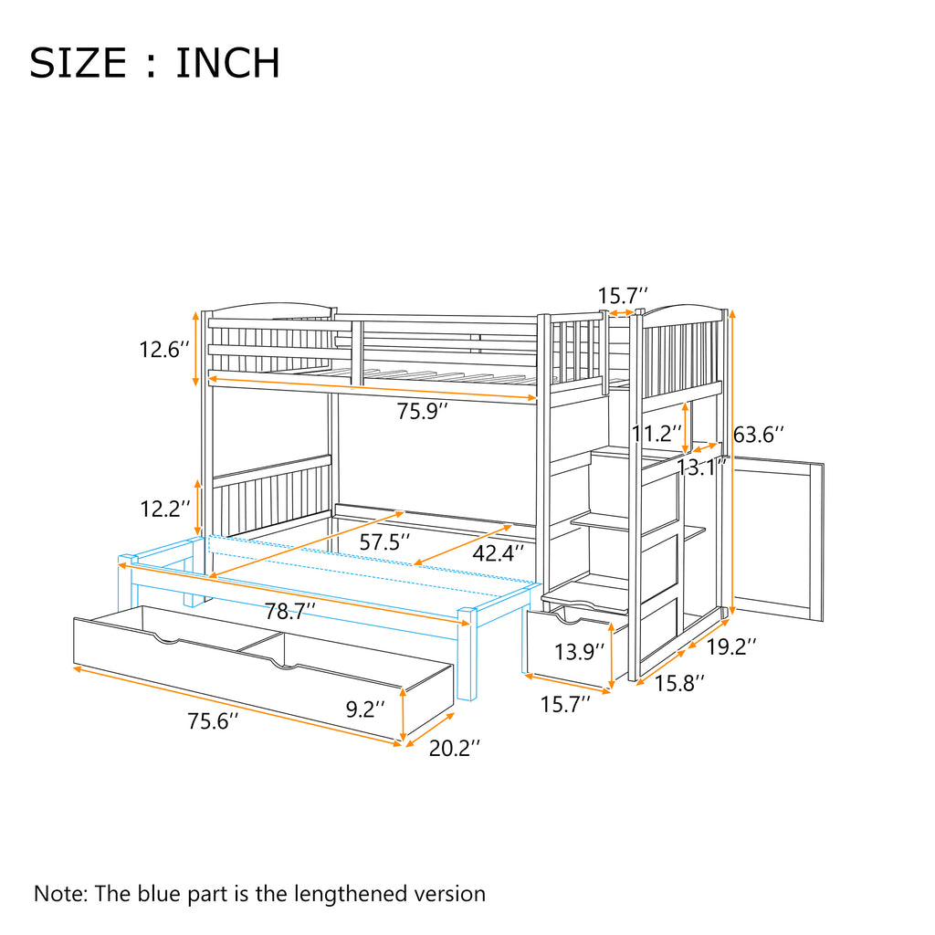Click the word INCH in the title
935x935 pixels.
click(227, 63)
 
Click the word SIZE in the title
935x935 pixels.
click(78, 63)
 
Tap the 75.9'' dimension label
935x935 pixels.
click(423, 411)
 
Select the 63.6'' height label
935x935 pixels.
click(758, 434)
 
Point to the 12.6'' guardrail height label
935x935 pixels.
click(164, 349)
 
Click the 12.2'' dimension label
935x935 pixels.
click(165, 509)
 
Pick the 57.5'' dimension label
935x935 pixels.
click(384, 541)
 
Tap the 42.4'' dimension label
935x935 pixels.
click(499, 552)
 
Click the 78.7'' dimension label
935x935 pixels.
click(290, 611)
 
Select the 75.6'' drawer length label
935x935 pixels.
click(213, 721)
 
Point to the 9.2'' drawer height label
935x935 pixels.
click(365, 709)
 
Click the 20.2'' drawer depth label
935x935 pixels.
click(455, 748)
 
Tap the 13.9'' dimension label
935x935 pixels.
click(580, 652)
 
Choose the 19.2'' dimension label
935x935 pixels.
click(731, 646)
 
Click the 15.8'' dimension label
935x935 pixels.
click(679, 683)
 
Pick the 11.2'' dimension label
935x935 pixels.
click(657, 433)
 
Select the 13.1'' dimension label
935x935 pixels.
click(702, 467)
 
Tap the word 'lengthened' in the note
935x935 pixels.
click(352, 895)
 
